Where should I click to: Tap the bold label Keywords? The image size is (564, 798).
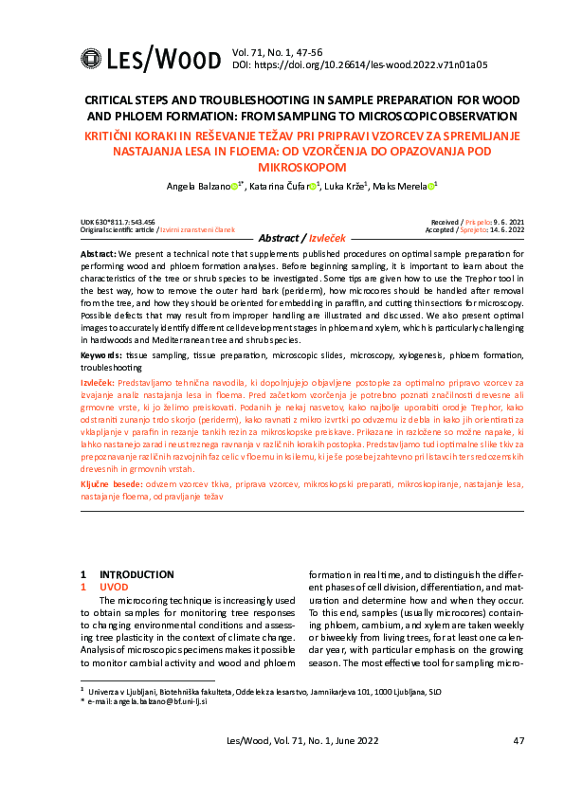(96, 354)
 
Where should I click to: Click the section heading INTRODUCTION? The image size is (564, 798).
(136, 574)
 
